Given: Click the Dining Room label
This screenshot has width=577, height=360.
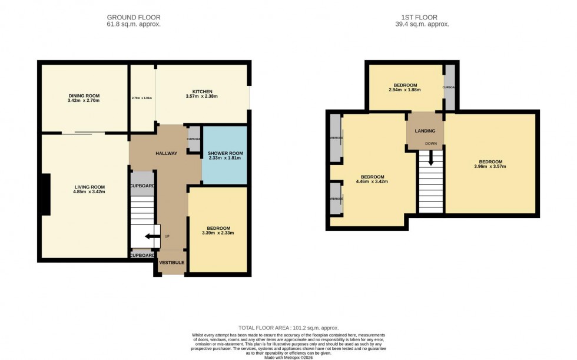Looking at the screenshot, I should pyautogui.click(x=84, y=95).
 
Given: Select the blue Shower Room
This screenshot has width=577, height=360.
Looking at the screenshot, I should pyautogui.click(x=224, y=156).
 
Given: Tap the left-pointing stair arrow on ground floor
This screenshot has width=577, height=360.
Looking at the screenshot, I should pyautogui.click(x=151, y=237).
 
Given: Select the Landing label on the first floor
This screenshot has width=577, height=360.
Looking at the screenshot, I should pyautogui.click(x=425, y=131).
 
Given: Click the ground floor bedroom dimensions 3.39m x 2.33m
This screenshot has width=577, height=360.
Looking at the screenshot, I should pyautogui.click(x=218, y=233).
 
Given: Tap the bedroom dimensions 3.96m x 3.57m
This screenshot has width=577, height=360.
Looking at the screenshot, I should pyautogui.click(x=490, y=167).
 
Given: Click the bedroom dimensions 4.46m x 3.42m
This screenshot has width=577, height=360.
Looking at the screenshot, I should pyautogui.click(x=372, y=181).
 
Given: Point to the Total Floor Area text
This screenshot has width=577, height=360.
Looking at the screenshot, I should pyautogui.click(x=288, y=328).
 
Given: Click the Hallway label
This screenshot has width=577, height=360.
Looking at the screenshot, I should pyautogui.click(x=166, y=153).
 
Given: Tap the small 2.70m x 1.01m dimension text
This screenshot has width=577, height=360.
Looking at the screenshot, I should pyautogui.click(x=142, y=98).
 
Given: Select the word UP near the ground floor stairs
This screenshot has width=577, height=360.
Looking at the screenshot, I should pyautogui.click(x=167, y=236).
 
